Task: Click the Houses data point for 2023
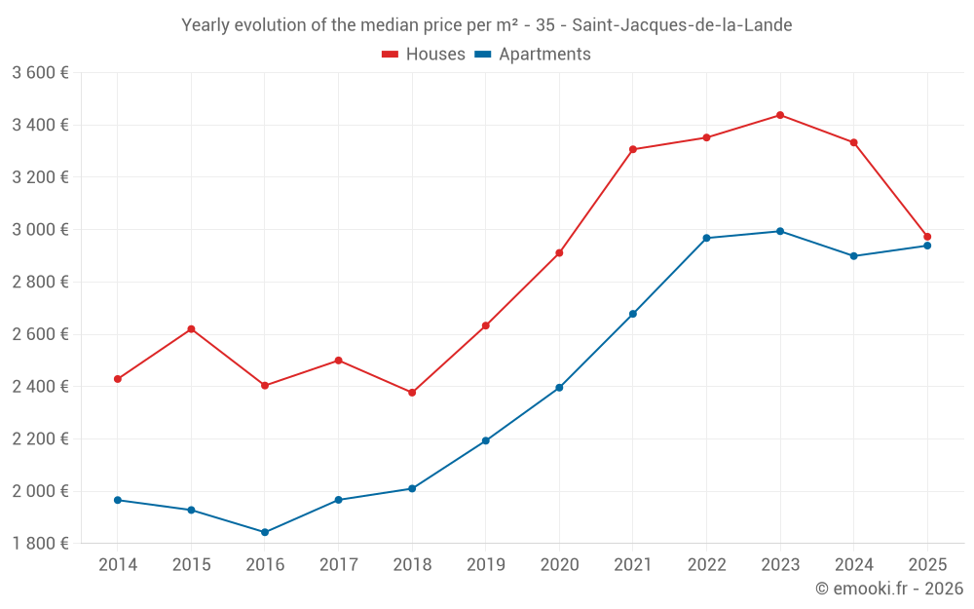tap(780, 115)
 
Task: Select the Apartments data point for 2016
tap(265, 532)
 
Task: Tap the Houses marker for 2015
tap(191, 328)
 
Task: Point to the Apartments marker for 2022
tap(706, 238)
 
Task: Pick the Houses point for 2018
tap(412, 393)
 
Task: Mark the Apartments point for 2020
tap(559, 388)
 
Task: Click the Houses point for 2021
tap(633, 149)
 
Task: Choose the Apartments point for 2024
tap(853, 256)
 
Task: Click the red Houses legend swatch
tap(390, 55)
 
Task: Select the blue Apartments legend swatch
tap(482, 55)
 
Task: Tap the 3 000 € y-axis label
tap(40, 230)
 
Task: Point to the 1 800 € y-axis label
tap(40, 544)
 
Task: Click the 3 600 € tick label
tap(40, 73)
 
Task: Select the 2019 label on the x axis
tap(485, 564)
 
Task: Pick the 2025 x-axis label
tap(927, 564)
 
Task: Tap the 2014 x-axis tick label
tap(118, 564)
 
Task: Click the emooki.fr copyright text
tap(889, 589)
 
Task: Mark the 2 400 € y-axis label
tap(40, 387)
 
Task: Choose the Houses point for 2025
tap(927, 237)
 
